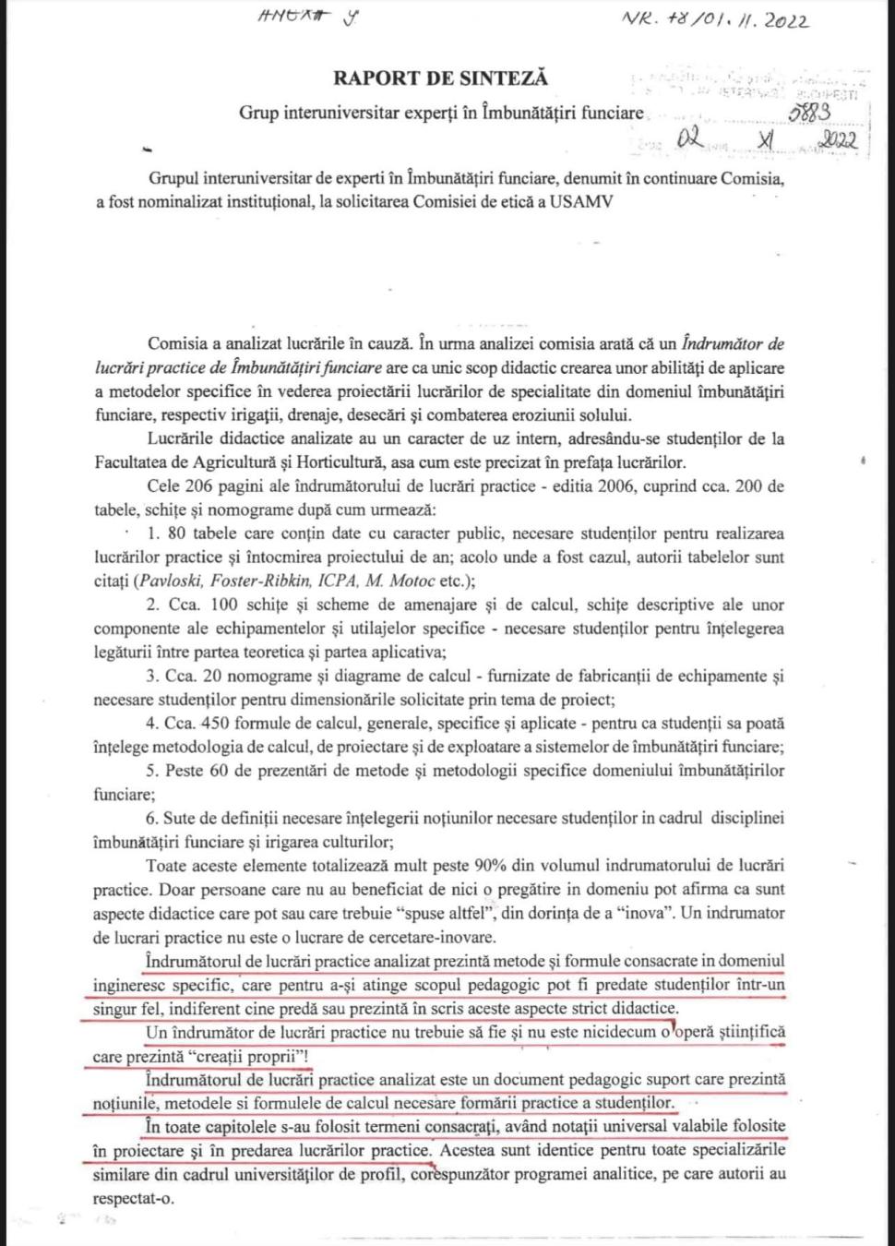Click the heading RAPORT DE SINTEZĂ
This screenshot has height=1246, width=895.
[x=440, y=78]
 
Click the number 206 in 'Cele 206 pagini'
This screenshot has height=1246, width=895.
[x=200, y=486]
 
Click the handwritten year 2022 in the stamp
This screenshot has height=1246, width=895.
[x=837, y=140]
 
